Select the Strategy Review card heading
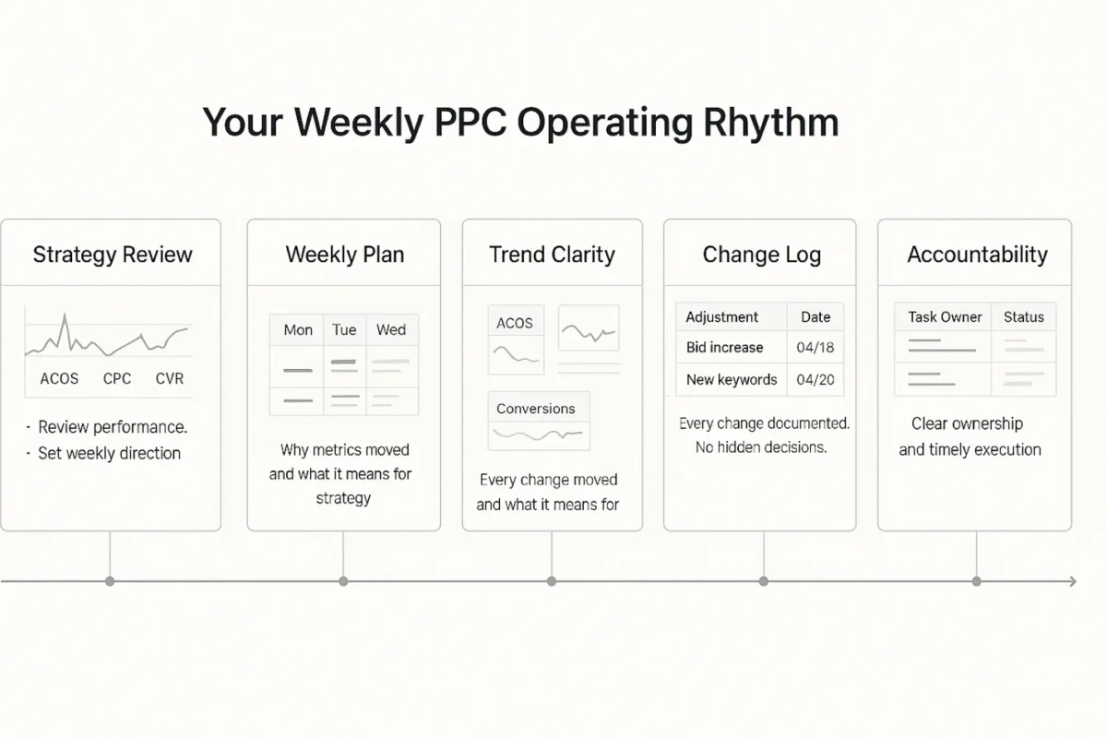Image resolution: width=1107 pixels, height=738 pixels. coord(113,255)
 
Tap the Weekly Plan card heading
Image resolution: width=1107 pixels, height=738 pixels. coord(344,255)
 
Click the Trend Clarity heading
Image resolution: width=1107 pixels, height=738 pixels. coord(552,255)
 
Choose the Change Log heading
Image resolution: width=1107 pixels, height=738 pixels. coord(761,255)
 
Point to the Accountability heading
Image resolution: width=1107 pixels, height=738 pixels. coord(977,255)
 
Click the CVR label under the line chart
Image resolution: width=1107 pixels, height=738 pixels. coord(169,378)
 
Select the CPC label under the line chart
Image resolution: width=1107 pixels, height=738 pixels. coord(117,378)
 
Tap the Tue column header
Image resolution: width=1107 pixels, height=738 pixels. coord(344,330)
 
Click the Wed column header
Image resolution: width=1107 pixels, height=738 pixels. coord(391,330)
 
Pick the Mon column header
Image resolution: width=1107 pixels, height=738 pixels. coord(297,330)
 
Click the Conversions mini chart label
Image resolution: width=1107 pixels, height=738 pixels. coord(535,409)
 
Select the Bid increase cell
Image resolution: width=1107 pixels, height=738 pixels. coord(724,348)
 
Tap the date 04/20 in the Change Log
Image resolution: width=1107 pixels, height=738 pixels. coord(815,379)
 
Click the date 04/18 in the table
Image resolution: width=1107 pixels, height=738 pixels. coord(815,348)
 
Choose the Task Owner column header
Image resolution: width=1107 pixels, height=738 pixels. coord(945,316)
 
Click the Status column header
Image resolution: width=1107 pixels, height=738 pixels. coord(1023,316)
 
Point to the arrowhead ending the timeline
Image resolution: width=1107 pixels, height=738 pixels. coord(1072,581)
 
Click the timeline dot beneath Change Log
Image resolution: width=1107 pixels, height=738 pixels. coord(764,581)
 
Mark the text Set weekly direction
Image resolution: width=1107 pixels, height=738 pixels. coord(109,453)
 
